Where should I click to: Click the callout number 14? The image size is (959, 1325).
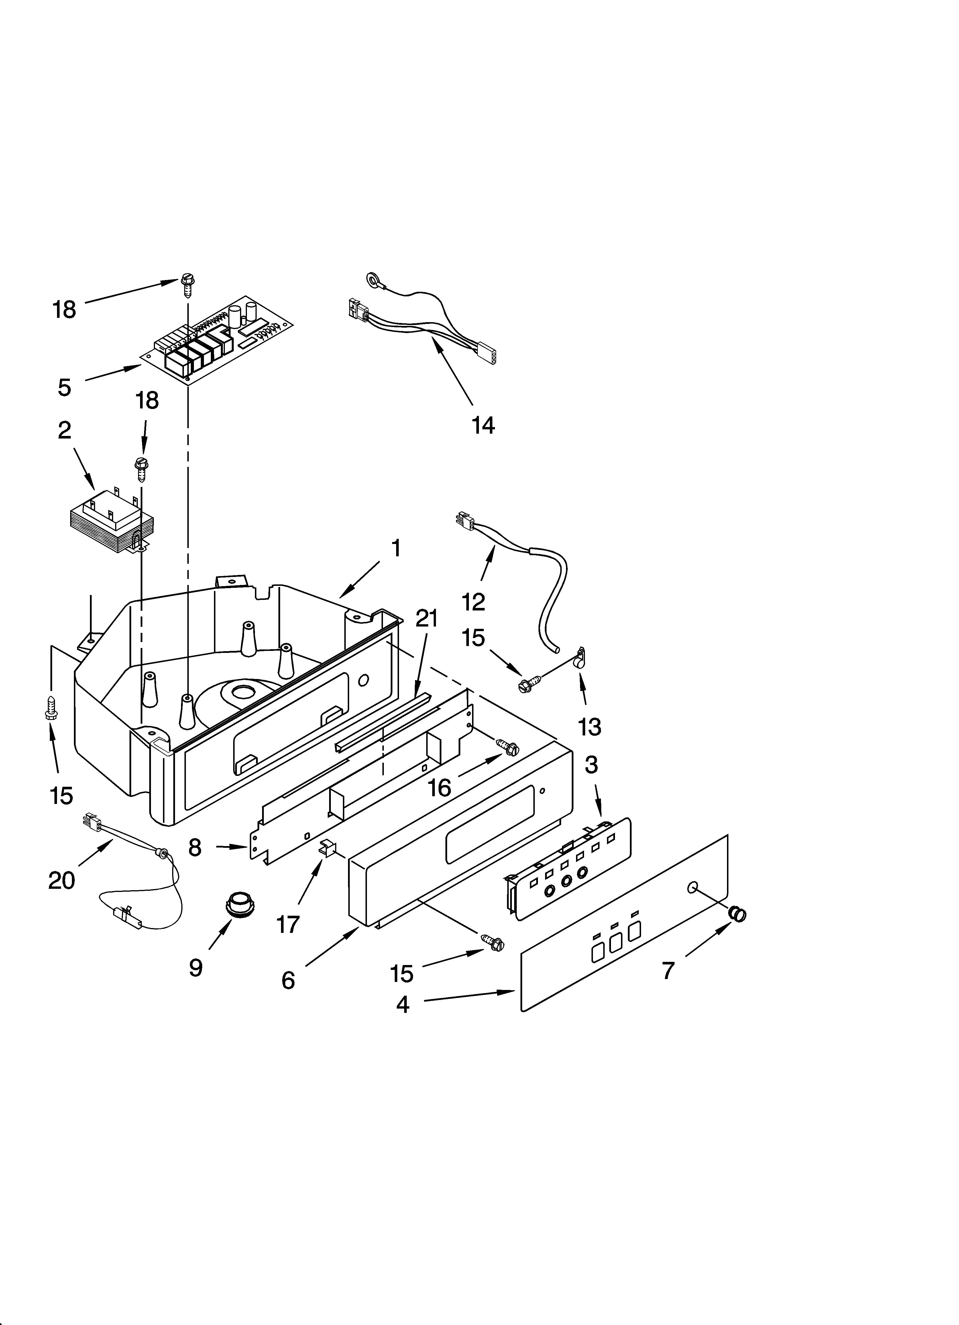(x=483, y=425)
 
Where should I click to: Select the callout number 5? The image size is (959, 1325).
(x=64, y=387)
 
